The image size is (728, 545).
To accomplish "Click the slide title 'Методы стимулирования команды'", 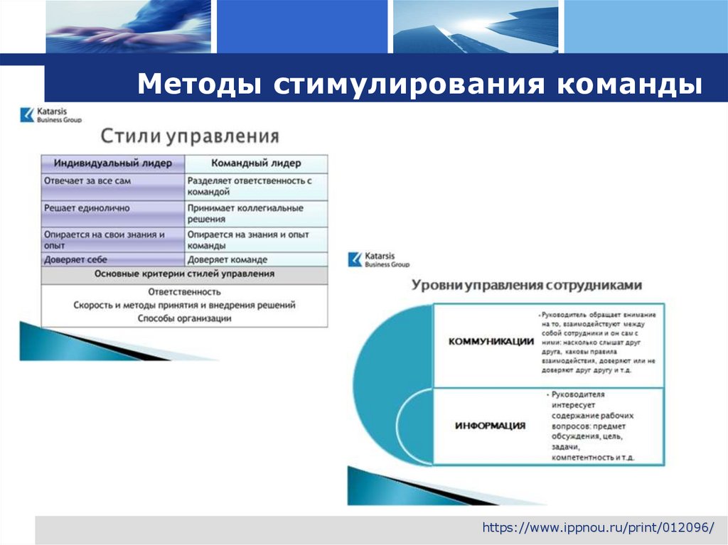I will point(419,84).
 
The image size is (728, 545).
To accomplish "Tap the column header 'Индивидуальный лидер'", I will point(113,163).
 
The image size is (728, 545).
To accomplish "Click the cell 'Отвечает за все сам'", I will point(87,181).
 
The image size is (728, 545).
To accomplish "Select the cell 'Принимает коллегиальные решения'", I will point(245,214).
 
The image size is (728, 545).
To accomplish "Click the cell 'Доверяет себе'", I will point(76,260).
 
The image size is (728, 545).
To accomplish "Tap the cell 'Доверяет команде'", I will point(227,260).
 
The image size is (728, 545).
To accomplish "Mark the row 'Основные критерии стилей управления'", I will point(184,274).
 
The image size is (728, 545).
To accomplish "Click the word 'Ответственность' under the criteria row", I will point(184,291).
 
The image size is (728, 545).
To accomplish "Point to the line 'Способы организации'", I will point(184,318).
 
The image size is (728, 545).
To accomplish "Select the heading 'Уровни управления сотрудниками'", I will point(527,285).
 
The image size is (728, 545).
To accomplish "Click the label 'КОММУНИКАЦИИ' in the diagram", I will point(491,341).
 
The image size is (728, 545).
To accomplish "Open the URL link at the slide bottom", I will point(598,528).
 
